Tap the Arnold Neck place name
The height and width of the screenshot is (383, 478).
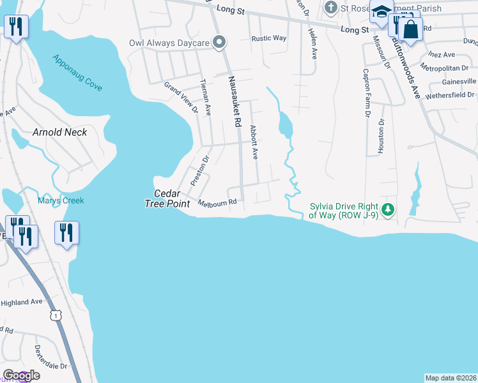59,132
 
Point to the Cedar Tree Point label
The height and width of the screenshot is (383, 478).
172,199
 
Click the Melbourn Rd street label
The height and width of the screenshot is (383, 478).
217,203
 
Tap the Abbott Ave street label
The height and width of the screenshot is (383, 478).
254,141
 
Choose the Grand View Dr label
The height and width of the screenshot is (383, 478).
181,97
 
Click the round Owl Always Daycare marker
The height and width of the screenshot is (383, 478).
219,43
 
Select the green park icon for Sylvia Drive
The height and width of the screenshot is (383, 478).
387,209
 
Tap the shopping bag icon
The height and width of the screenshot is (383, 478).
410,29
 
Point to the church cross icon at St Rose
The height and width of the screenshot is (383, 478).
330,8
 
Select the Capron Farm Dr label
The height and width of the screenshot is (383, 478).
367,93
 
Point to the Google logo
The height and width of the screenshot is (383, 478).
21,375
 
